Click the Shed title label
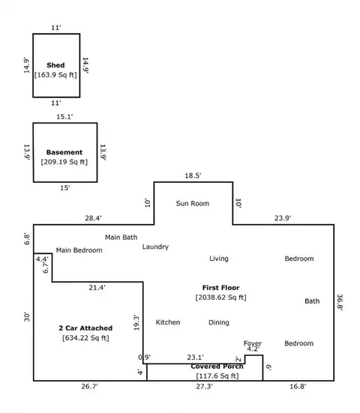(x=55, y=65)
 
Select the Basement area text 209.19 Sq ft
(x=64, y=162)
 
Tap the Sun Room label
(x=193, y=203)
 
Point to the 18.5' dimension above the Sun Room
(x=193, y=175)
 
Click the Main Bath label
(x=121, y=238)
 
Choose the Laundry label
(x=155, y=247)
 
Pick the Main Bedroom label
(x=79, y=250)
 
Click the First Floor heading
(x=220, y=288)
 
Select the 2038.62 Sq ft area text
(x=220, y=298)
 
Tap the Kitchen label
(x=168, y=322)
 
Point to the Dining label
(x=219, y=322)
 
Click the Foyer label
(x=253, y=343)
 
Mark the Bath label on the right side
(x=312, y=301)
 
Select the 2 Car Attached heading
(x=85, y=328)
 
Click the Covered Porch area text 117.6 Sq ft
(x=217, y=376)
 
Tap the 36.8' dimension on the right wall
(x=340, y=302)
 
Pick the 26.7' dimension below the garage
(x=89, y=387)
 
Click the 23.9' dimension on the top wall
(x=283, y=218)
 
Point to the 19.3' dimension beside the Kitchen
(x=136, y=322)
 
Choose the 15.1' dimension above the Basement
(x=64, y=117)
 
